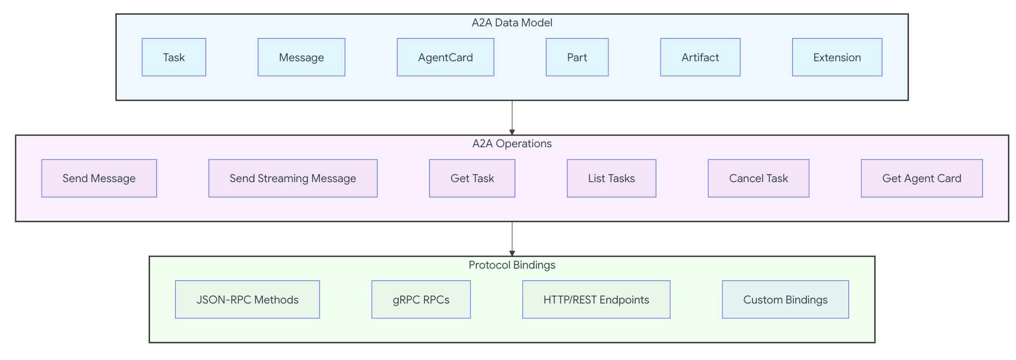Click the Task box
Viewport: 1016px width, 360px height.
tap(174, 57)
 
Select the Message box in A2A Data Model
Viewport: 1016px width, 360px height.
tap(302, 57)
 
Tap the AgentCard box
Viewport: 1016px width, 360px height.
tap(445, 57)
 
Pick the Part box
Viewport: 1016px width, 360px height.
tap(577, 57)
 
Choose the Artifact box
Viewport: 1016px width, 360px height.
tap(700, 57)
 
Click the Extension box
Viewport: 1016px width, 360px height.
tap(837, 57)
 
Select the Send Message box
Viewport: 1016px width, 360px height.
tap(99, 178)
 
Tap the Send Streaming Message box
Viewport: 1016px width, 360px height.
tap(293, 178)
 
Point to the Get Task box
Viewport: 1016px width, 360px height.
tap(472, 178)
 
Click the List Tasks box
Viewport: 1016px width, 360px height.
tap(612, 178)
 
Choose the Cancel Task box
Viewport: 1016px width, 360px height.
tap(758, 178)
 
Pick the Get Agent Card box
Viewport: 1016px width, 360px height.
tap(922, 178)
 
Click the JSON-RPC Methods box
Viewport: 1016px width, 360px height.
tap(248, 299)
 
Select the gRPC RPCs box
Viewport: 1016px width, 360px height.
tap(421, 299)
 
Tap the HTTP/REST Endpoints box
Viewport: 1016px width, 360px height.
tap(596, 299)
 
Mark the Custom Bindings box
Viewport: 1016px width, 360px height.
tap(786, 299)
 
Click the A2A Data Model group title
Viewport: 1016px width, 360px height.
tap(512, 23)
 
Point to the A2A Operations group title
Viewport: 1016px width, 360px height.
tap(512, 144)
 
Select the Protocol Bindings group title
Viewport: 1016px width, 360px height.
tap(512, 265)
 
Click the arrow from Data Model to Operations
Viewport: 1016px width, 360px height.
tap(512, 118)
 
